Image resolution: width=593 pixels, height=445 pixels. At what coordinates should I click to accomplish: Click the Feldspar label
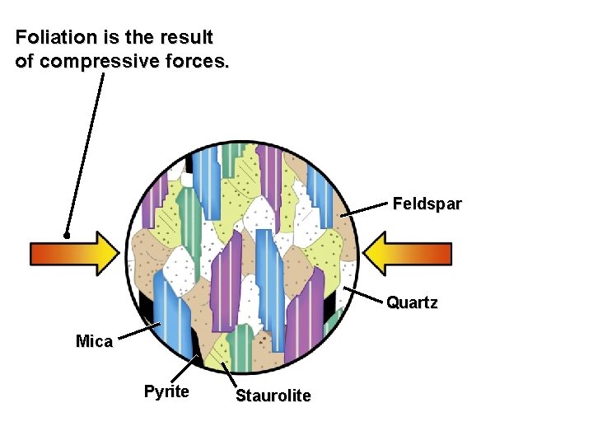point(427,203)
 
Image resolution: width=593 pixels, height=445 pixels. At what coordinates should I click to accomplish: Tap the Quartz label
point(412,302)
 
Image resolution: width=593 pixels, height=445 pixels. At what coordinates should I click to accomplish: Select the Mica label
point(94,341)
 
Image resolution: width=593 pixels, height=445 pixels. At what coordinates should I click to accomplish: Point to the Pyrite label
point(166,391)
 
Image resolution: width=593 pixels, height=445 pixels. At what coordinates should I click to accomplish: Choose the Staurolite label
point(273,396)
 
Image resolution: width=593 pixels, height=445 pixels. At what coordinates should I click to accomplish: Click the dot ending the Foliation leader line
point(67,235)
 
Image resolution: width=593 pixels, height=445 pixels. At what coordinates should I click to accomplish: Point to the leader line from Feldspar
point(364,210)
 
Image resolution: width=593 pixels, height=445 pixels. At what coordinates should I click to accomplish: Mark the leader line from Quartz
point(364,297)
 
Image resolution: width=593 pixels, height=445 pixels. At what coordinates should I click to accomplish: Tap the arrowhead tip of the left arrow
point(120,253)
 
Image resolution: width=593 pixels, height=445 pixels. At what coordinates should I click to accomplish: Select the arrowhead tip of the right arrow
point(363,253)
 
